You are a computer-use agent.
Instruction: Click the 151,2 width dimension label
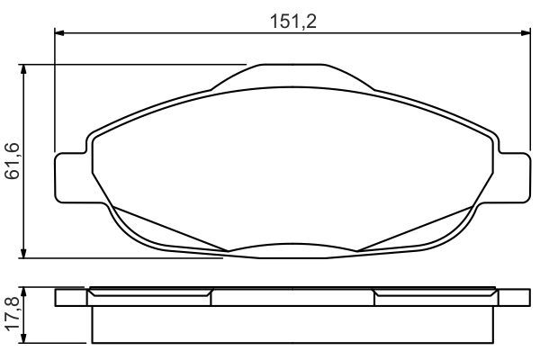[293, 22]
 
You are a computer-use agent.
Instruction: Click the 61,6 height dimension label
[13, 160]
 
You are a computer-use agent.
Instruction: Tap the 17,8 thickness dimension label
[13, 314]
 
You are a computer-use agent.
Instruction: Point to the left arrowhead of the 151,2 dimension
[59, 33]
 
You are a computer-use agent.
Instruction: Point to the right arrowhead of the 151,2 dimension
[526, 33]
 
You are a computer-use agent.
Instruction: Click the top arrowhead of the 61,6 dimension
[23, 69]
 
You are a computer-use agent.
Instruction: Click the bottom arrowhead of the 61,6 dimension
[23, 253]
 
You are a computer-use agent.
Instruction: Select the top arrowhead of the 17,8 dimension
[23, 292]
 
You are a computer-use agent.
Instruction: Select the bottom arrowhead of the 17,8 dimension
[23, 338]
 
